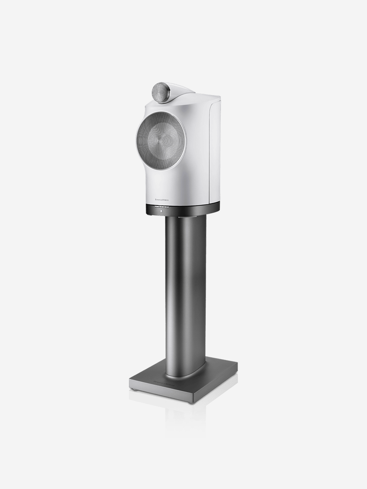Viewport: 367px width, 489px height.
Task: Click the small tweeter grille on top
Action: (160, 92)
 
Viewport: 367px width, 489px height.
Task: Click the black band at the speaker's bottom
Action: (189, 208)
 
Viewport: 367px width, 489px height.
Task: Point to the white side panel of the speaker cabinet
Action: (214, 151)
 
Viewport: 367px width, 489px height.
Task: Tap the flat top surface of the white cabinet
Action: (201, 97)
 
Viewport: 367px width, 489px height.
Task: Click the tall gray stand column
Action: (185, 293)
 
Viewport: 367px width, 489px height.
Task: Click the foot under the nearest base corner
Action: (193, 402)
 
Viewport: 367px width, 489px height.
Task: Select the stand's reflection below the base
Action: (184, 419)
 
